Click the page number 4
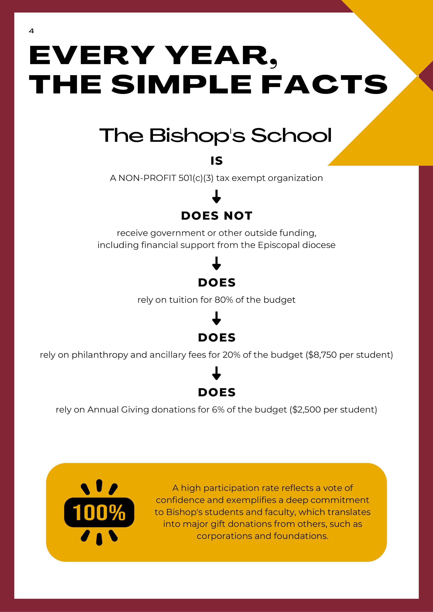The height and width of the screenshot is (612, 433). tap(31, 31)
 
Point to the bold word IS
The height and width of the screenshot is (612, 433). tap(216, 161)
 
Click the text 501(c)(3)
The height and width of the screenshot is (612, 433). tap(196, 178)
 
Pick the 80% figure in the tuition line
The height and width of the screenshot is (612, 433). tap(224, 300)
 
